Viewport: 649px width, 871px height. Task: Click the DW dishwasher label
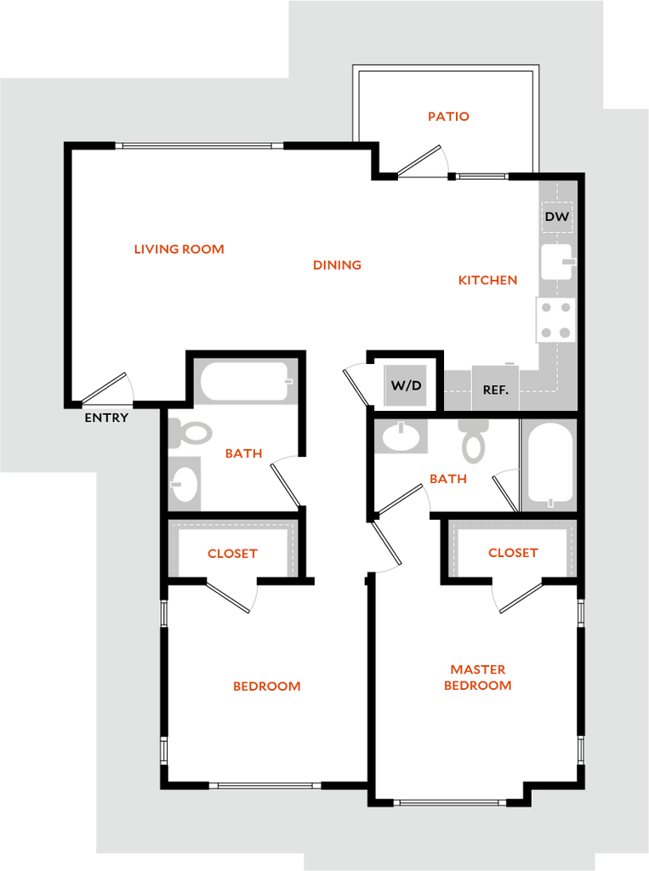557,217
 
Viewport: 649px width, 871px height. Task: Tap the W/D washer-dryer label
406,385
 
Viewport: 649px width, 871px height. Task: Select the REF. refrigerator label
495,390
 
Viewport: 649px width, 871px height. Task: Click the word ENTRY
106,418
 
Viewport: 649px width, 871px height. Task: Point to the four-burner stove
555,320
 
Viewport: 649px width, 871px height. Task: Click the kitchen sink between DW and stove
557,262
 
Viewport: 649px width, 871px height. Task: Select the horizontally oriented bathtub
246,382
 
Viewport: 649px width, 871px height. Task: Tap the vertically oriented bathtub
549,464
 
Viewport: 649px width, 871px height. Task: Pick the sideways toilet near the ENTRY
189,433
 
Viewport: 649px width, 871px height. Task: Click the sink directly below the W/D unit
401,437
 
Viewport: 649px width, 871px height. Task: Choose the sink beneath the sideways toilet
185,484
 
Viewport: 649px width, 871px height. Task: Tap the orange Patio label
448,117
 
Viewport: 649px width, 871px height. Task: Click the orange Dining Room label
179,250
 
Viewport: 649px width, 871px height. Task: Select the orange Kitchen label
487,280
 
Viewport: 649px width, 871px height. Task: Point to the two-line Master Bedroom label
478,677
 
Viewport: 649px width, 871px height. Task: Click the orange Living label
338,265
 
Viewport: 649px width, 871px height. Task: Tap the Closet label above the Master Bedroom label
513,553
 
